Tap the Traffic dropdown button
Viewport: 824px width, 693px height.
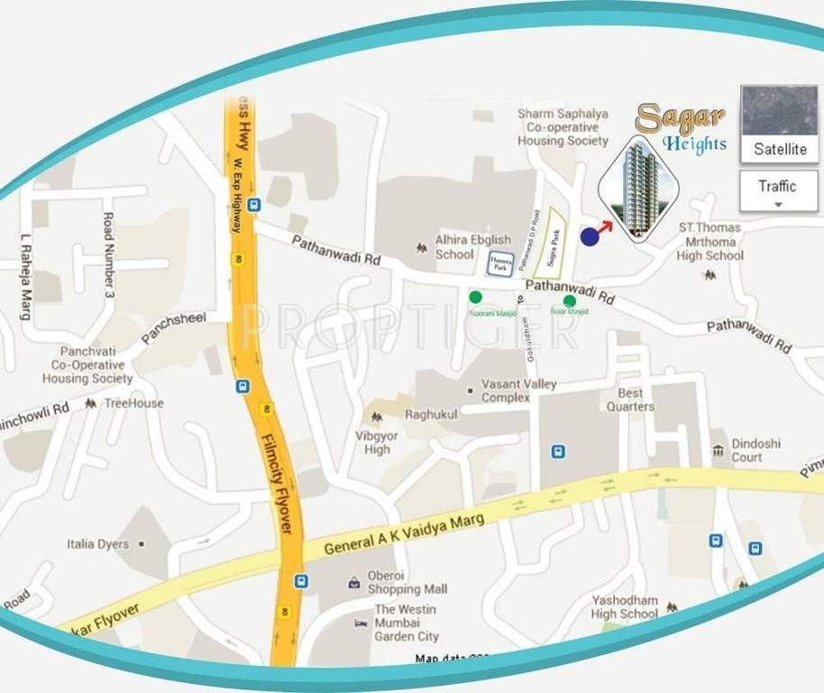click(777, 191)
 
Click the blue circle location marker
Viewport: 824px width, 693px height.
click(590, 236)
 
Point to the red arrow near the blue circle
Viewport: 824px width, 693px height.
click(605, 226)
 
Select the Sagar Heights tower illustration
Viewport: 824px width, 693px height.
click(637, 188)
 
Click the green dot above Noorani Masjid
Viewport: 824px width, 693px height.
click(475, 297)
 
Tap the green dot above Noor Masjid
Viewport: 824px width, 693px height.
click(570, 300)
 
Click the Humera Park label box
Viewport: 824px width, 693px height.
click(500, 263)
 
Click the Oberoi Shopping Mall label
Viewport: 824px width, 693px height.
click(407, 583)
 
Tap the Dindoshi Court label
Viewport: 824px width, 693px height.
click(756, 450)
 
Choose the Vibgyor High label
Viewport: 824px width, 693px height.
click(377, 442)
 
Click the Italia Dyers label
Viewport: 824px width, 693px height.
click(98, 544)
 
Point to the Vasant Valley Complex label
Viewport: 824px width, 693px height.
click(519, 391)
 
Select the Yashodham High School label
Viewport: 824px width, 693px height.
click(625, 607)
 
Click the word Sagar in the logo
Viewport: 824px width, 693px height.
click(667, 118)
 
